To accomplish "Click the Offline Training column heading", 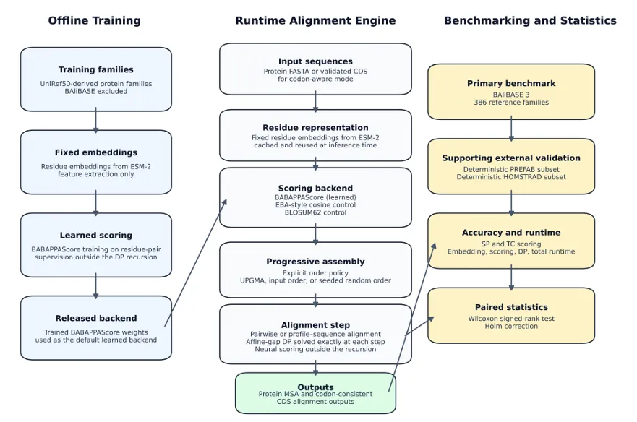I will coord(94,21).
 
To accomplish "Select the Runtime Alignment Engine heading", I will coord(315,21).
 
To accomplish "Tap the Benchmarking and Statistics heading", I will coord(530,21).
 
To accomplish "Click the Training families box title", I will coord(96,70).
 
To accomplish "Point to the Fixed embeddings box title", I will coord(96,153).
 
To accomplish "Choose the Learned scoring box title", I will coord(96,236).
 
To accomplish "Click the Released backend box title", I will coord(96,319).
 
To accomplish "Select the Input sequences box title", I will coord(315,62).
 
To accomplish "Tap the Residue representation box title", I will coord(315,128).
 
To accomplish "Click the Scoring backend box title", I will coord(315,189).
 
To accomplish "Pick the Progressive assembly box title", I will coord(315,262).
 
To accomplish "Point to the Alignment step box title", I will coord(315,326).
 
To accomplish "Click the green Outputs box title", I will coord(315,387).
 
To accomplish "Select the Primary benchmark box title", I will coord(511,84).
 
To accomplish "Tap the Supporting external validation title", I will coord(511,158).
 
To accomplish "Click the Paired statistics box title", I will coord(511,308).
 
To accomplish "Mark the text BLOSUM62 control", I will coord(315,213).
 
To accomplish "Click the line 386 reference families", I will coord(511,103).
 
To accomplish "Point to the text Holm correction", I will coord(511,326).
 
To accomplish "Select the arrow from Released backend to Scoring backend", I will coord(195,263).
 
